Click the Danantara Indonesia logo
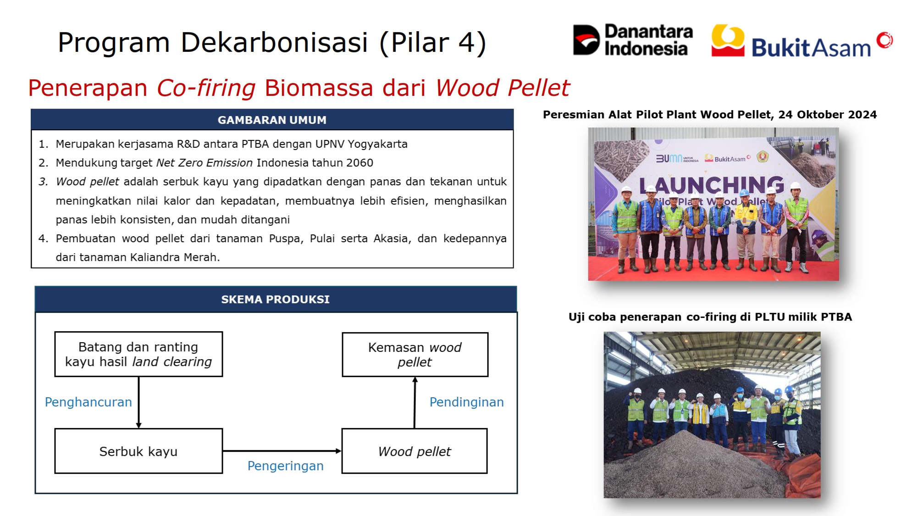(x=632, y=40)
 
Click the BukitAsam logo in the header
(x=802, y=41)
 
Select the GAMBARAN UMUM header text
(x=272, y=120)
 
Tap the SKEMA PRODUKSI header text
(x=275, y=299)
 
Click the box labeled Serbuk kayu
(x=138, y=451)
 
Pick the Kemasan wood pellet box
(x=415, y=355)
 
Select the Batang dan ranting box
(x=138, y=354)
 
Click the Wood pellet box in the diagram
(x=414, y=451)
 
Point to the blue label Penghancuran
(x=88, y=402)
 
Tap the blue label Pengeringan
(x=285, y=466)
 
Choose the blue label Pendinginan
(x=466, y=402)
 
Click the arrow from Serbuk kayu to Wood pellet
(x=282, y=451)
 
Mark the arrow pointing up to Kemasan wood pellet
(x=415, y=403)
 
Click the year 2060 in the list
(x=359, y=163)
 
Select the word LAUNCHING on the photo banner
(x=712, y=185)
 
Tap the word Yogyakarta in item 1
(x=377, y=144)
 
